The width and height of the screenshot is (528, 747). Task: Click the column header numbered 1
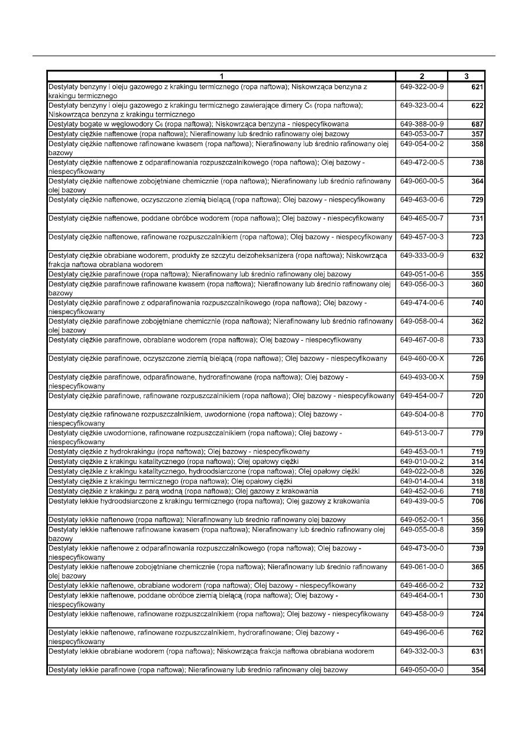point(221,76)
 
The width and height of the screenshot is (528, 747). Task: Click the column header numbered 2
point(422,76)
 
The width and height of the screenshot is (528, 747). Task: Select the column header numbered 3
point(467,76)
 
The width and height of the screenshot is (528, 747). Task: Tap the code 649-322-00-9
point(422,87)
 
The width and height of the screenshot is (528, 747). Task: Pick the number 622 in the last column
point(477,106)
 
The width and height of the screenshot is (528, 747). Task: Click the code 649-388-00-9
point(422,124)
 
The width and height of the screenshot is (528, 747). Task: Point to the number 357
point(477,134)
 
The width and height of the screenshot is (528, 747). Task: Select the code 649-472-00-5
point(422,162)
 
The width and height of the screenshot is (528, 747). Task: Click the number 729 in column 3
point(477,201)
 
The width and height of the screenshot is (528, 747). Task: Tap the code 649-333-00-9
point(422,256)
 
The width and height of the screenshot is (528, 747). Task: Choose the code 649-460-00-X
point(422,358)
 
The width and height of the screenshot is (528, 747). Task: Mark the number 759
point(477,378)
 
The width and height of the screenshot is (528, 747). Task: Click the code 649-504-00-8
point(422,415)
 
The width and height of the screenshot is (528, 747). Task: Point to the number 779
point(477,434)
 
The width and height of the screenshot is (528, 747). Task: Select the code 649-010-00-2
point(422,461)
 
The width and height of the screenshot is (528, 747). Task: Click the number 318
point(477,482)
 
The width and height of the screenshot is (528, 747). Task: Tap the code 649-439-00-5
point(422,501)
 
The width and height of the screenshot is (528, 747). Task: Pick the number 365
point(477,567)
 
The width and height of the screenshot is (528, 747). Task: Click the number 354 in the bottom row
point(477,670)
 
